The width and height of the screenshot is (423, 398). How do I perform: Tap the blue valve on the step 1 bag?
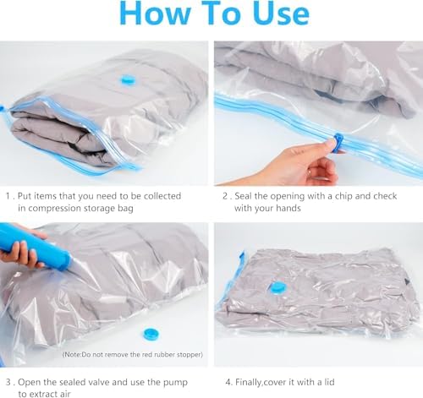pos(128,80)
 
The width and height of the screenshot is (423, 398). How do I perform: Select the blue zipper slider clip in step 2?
pos(337,141)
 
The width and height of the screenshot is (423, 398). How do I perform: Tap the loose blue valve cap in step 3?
pos(151,334)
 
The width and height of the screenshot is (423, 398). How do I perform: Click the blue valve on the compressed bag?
pos(277,288)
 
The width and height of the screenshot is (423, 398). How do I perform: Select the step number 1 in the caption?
pos(8,196)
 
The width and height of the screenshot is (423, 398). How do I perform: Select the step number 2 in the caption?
pos(225,196)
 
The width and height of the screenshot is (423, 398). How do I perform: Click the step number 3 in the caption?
pos(8,382)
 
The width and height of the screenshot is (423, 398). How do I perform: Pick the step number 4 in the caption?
pos(228,382)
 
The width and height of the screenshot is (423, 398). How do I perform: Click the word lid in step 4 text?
pos(329,382)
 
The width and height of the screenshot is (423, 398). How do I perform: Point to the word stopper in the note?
pos(190,354)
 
